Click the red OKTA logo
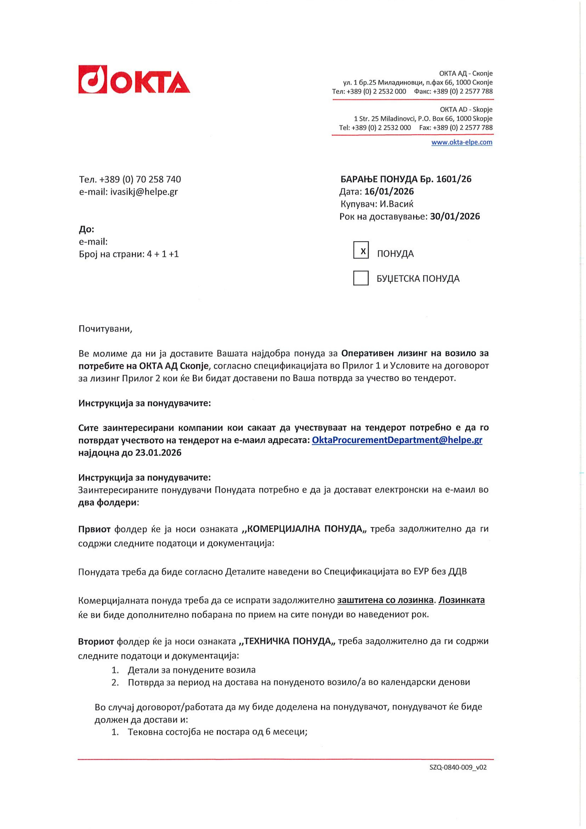[x=134, y=79]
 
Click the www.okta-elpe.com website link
[x=462, y=142]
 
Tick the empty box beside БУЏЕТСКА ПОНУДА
[x=361, y=278]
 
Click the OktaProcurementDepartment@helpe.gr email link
[x=397, y=440]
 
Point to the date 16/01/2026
[x=389, y=191]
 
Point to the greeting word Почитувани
[x=105, y=329]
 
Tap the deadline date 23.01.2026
[x=158, y=453]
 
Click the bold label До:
[x=86, y=229]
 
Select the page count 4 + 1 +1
[x=163, y=254]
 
